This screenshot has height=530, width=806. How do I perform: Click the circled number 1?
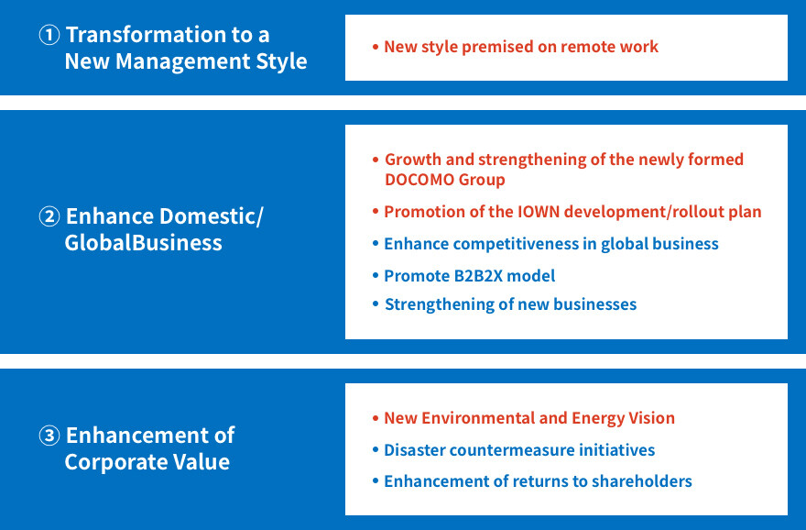[49, 35]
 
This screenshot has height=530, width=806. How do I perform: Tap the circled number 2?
[49, 216]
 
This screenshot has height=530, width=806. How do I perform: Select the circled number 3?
[49, 436]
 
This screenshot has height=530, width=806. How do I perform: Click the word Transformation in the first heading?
[147, 35]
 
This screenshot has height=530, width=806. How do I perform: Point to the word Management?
[182, 61]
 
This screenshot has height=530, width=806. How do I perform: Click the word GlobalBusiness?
[144, 243]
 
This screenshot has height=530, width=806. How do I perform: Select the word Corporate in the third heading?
[115, 461]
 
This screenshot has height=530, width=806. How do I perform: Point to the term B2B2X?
[478, 276]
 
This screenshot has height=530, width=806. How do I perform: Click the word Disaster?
[415, 449]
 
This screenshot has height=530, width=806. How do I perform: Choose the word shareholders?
[642, 481]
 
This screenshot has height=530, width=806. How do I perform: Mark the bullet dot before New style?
[376, 48]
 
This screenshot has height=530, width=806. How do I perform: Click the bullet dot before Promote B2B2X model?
[376, 276]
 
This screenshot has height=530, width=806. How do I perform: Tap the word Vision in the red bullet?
[651, 418]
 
